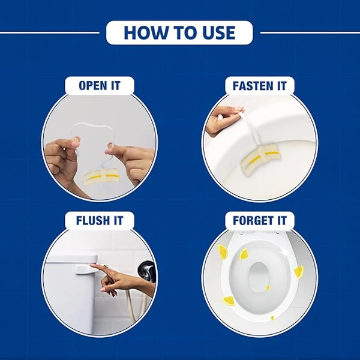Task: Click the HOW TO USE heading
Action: click(179, 32)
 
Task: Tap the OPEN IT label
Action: click(100, 86)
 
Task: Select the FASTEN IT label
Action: click(260, 86)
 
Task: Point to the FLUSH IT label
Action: click(100, 220)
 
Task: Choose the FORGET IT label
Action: click(260, 220)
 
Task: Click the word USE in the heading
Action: click(216, 32)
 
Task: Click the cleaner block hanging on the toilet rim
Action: click(260, 158)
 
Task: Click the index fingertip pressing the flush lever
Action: click(92, 265)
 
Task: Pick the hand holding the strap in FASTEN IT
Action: click(222, 121)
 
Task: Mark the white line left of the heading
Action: click(50, 32)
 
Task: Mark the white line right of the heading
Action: click(310, 32)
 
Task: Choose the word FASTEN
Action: click(254, 86)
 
